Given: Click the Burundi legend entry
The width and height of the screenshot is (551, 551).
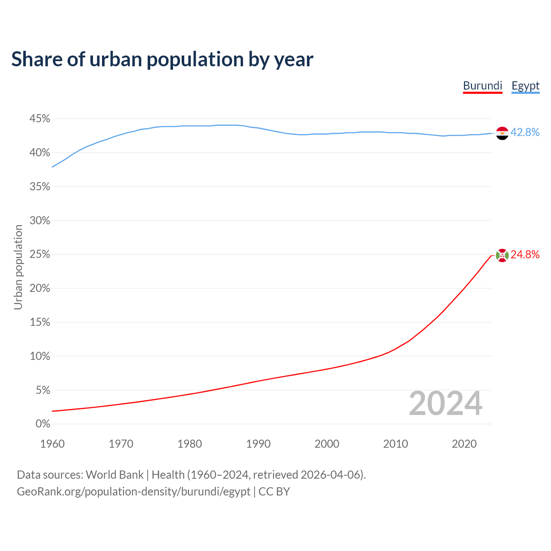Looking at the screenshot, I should click(x=483, y=86).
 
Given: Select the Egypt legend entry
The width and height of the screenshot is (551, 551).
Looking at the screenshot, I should click(x=525, y=86).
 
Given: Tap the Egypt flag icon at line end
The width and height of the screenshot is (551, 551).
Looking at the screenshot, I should click(x=502, y=133).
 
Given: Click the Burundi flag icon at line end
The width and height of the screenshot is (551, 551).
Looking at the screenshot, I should click(x=502, y=255).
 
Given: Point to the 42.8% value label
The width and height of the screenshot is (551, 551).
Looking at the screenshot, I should click(x=525, y=133).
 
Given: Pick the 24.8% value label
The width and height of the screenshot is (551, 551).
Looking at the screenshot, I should click(x=525, y=255).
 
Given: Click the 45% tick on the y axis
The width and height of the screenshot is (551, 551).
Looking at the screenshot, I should click(x=40, y=119).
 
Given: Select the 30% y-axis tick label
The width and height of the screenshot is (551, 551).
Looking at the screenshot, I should click(x=40, y=221).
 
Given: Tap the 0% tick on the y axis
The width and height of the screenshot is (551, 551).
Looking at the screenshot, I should click(x=43, y=424).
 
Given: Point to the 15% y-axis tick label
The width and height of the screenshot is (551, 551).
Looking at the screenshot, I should click(x=40, y=322).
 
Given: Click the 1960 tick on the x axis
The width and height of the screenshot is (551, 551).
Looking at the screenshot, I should click(x=52, y=444).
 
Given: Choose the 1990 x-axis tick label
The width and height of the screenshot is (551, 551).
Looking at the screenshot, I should click(x=258, y=444).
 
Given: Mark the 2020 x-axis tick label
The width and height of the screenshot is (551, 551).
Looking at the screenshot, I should click(x=464, y=444).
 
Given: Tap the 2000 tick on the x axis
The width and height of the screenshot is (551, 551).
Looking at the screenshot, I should click(x=327, y=444).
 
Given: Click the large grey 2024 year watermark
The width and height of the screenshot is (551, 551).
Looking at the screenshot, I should click(x=446, y=404).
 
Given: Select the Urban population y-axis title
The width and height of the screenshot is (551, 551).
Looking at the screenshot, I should click(x=18, y=267).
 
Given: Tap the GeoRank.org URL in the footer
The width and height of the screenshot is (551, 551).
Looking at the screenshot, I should click(x=133, y=492).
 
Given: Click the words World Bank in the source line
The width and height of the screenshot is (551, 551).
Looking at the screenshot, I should click(x=115, y=475).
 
